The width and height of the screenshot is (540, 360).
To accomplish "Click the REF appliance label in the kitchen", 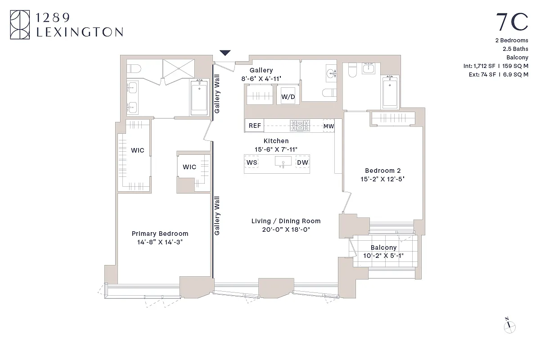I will point(255,126).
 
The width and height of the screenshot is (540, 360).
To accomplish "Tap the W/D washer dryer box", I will point(288,96).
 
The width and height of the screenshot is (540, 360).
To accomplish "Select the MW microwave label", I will point(328,126).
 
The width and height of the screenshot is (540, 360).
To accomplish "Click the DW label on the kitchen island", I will point(302,162).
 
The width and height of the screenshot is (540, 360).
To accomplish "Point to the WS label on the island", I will point(252,162).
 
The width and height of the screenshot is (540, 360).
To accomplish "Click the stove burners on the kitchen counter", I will point(300,126).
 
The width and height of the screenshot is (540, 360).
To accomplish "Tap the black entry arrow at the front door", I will point(225,53).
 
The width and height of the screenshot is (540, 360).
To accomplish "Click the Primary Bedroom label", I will point(160,234).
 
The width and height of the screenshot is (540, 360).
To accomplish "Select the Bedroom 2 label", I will point(382,171).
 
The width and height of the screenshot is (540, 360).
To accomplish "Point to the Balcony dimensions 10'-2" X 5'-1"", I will point(384,256).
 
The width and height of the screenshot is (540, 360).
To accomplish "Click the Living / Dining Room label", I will point(286,221).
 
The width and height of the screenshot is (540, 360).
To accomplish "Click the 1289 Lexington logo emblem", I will point(20,25).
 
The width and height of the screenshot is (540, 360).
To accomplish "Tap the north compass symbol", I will point(509,326).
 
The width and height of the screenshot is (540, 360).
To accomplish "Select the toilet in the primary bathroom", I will point(134,68).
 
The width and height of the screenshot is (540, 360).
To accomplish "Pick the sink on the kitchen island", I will point(283,162).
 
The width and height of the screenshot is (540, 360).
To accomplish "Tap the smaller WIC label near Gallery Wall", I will point(189,167).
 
